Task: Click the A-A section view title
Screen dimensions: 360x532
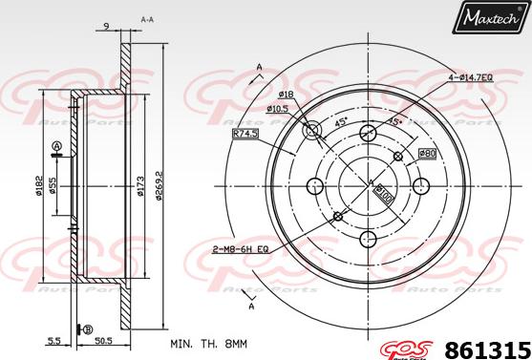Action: coord(147,18)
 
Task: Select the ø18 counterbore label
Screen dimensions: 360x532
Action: coord(285,95)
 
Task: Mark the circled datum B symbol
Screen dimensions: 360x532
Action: coord(90,329)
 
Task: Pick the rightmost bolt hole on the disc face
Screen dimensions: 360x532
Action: coord(421,185)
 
